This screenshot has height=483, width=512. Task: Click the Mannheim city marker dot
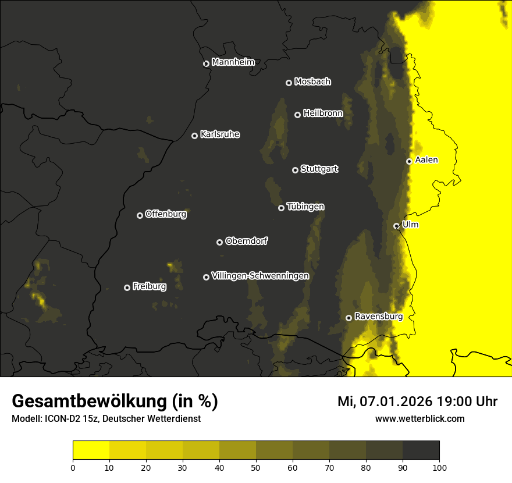[x=206, y=64]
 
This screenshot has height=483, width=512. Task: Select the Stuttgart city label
[x=319, y=169]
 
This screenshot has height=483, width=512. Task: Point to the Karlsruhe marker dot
[x=194, y=136]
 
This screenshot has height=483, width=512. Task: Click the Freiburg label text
[x=149, y=286]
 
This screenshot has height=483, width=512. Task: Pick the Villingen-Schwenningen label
[x=260, y=276]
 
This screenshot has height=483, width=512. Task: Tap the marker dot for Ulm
[x=396, y=226]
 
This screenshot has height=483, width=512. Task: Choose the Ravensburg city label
[x=378, y=317]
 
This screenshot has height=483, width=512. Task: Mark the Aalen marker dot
[x=409, y=161]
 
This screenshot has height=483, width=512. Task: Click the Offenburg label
[x=165, y=214]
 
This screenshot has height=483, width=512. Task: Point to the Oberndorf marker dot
[x=219, y=243]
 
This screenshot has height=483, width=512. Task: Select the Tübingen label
[x=305, y=207]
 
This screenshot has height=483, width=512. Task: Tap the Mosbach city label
[x=312, y=82]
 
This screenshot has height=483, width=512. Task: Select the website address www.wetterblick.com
[x=419, y=418]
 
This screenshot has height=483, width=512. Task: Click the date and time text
[x=417, y=402]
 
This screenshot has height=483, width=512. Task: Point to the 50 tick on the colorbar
[x=256, y=467]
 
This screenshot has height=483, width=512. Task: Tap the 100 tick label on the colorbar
[x=439, y=467]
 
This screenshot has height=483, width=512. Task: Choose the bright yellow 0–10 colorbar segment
[x=91, y=450]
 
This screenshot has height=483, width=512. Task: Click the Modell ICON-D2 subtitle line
[x=106, y=419]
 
